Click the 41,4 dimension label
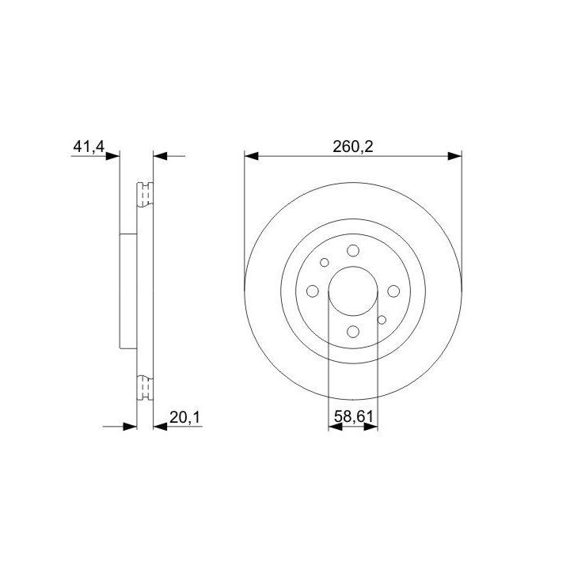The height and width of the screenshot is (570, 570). [x=89, y=146]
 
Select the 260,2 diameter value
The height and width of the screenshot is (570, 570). [x=353, y=146]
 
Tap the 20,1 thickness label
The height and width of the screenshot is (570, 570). [x=185, y=418]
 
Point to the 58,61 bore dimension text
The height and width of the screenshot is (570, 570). [x=354, y=416]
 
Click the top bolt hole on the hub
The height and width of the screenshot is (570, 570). [x=353, y=250]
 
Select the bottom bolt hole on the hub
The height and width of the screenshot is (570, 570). [x=353, y=332]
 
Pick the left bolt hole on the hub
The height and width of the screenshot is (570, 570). [x=313, y=291]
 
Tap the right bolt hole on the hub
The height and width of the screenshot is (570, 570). [x=393, y=291]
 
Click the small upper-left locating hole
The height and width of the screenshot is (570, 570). [x=325, y=263]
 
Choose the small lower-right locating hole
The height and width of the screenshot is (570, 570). [x=382, y=320]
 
